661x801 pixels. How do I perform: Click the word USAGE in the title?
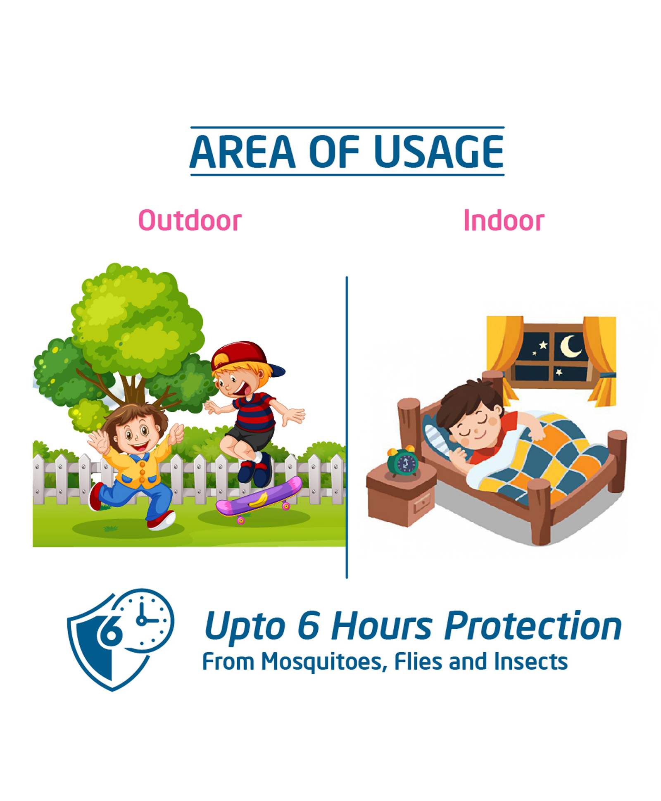tap(438, 152)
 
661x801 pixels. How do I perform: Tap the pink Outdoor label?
tap(190, 220)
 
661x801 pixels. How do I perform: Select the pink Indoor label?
tap(504, 220)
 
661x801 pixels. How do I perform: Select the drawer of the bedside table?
tap(422, 504)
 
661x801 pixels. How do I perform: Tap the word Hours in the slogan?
tap(382, 626)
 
